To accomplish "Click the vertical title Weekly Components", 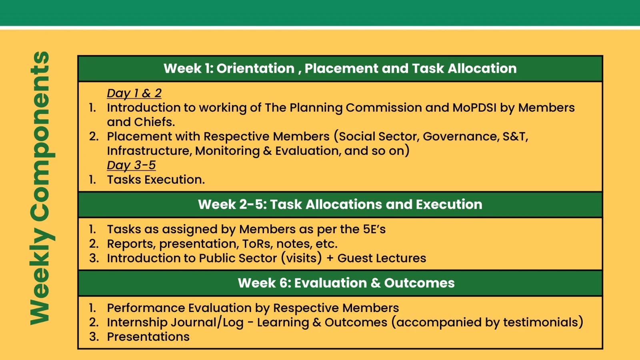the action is [42, 188].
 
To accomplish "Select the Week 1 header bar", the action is [340, 68].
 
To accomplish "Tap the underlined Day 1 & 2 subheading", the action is [134, 93].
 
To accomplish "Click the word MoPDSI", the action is [474, 108].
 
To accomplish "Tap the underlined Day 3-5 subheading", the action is [131, 165].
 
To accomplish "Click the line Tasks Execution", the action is [156, 180].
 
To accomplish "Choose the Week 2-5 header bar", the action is [340, 204].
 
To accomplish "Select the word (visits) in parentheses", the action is [302, 258].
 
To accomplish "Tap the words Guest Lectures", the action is [382, 258].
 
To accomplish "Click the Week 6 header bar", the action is [340, 283].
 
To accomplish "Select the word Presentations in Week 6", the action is [148, 337].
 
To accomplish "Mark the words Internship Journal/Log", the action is [175, 322].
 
